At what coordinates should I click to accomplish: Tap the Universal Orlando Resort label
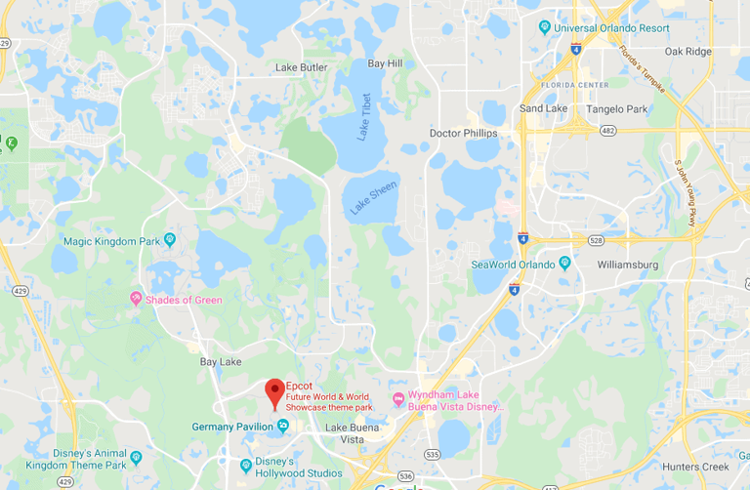coord(611,27)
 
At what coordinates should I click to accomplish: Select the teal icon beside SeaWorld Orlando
coord(563,264)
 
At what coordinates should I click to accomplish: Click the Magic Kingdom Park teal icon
coord(170,239)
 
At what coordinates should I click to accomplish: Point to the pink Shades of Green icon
coord(136,299)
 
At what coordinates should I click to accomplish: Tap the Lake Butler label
coord(301,67)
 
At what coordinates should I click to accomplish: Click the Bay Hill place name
coord(385,63)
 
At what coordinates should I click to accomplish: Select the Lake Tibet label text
coord(364,117)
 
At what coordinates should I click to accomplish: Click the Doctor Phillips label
coord(463,133)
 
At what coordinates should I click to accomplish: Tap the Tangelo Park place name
coord(618,108)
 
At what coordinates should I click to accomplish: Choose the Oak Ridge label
coord(687,51)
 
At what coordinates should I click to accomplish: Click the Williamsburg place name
coord(628,265)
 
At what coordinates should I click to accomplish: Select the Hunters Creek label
coord(694,467)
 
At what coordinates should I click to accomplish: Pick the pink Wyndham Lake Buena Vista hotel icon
coord(397,398)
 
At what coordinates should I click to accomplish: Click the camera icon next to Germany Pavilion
coord(282,426)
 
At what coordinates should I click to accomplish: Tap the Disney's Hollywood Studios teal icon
coord(246,465)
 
